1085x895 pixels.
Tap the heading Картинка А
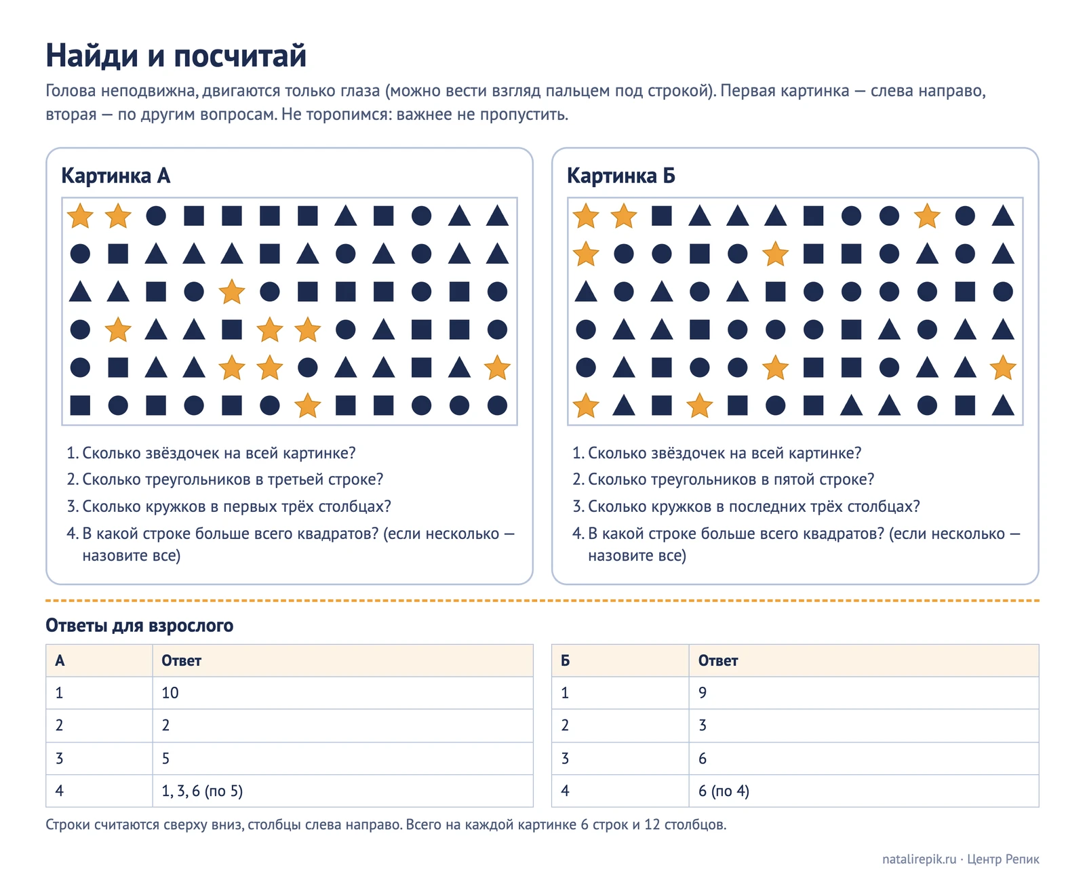tap(116, 176)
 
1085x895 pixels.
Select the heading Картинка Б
tap(621, 176)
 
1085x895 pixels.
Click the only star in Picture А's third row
tap(232, 292)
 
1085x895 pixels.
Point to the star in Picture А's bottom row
tap(308, 405)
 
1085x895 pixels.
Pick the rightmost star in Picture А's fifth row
tap(497, 367)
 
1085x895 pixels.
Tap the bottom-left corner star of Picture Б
tap(586, 405)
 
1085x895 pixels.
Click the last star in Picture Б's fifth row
tap(1003, 367)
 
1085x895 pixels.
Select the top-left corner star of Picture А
tap(80, 216)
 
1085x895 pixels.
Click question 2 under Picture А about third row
tap(225, 479)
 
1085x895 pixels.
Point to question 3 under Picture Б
tap(746, 506)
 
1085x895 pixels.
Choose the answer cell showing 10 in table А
tap(343, 693)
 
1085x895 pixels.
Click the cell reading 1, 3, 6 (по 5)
tap(343, 791)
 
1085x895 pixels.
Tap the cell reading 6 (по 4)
tap(864, 791)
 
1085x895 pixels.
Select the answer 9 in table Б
tap(864, 693)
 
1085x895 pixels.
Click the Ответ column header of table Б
tap(864, 660)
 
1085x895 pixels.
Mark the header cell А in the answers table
tap(100, 660)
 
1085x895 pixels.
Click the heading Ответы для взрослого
tap(140, 625)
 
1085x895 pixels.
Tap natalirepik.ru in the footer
tap(919, 859)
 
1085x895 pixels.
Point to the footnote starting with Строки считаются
tap(386, 824)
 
